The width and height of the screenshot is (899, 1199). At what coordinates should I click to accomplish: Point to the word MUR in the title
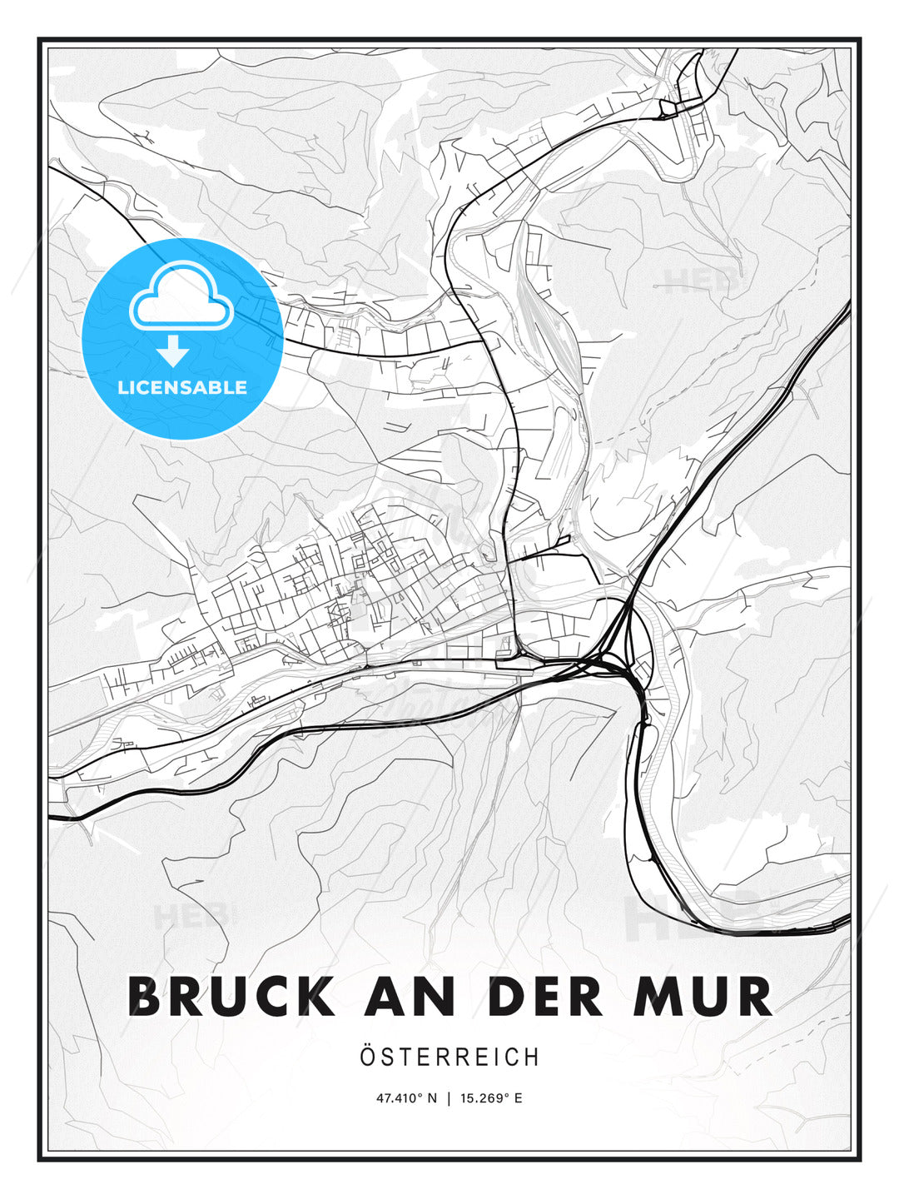(703, 997)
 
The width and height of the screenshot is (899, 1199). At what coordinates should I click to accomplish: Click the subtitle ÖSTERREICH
(449, 1057)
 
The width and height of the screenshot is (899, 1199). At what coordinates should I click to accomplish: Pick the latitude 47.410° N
(406, 1098)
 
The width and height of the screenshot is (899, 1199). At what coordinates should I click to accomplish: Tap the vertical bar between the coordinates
(449, 1098)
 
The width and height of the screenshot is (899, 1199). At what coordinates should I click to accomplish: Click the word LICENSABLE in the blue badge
(182, 387)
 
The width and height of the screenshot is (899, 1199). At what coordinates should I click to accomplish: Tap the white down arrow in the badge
(174, 351)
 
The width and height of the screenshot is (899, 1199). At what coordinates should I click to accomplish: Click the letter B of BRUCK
(146, 997)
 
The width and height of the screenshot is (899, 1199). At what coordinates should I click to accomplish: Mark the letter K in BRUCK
(315, 997)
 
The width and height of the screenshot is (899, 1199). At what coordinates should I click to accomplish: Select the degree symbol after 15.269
(509, 1095)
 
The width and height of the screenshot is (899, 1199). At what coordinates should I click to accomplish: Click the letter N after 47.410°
(432, 1098)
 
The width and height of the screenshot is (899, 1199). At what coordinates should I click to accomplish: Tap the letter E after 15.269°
(519, 1098)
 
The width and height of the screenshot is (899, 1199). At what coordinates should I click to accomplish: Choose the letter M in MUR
(655, 997)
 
